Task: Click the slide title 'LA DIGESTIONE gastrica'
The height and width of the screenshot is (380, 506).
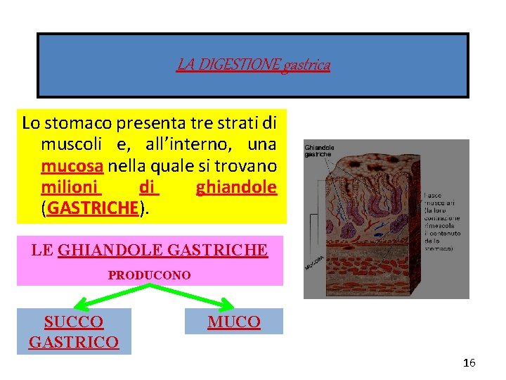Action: click(253, 65)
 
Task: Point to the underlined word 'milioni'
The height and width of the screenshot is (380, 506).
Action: click(71, 187)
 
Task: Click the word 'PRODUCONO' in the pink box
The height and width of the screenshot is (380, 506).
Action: click(149, 275)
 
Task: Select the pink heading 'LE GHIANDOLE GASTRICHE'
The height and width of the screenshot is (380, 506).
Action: click(149, 250)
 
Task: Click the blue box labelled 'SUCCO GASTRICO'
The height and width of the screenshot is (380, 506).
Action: click(74, 332)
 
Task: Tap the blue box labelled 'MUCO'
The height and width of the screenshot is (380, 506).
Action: click(233, 322)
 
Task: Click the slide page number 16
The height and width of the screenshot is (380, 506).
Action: click(469, 363)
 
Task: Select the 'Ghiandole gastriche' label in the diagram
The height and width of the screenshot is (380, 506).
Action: click(319, 151)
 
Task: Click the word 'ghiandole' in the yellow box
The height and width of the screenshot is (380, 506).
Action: click(236, 187)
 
